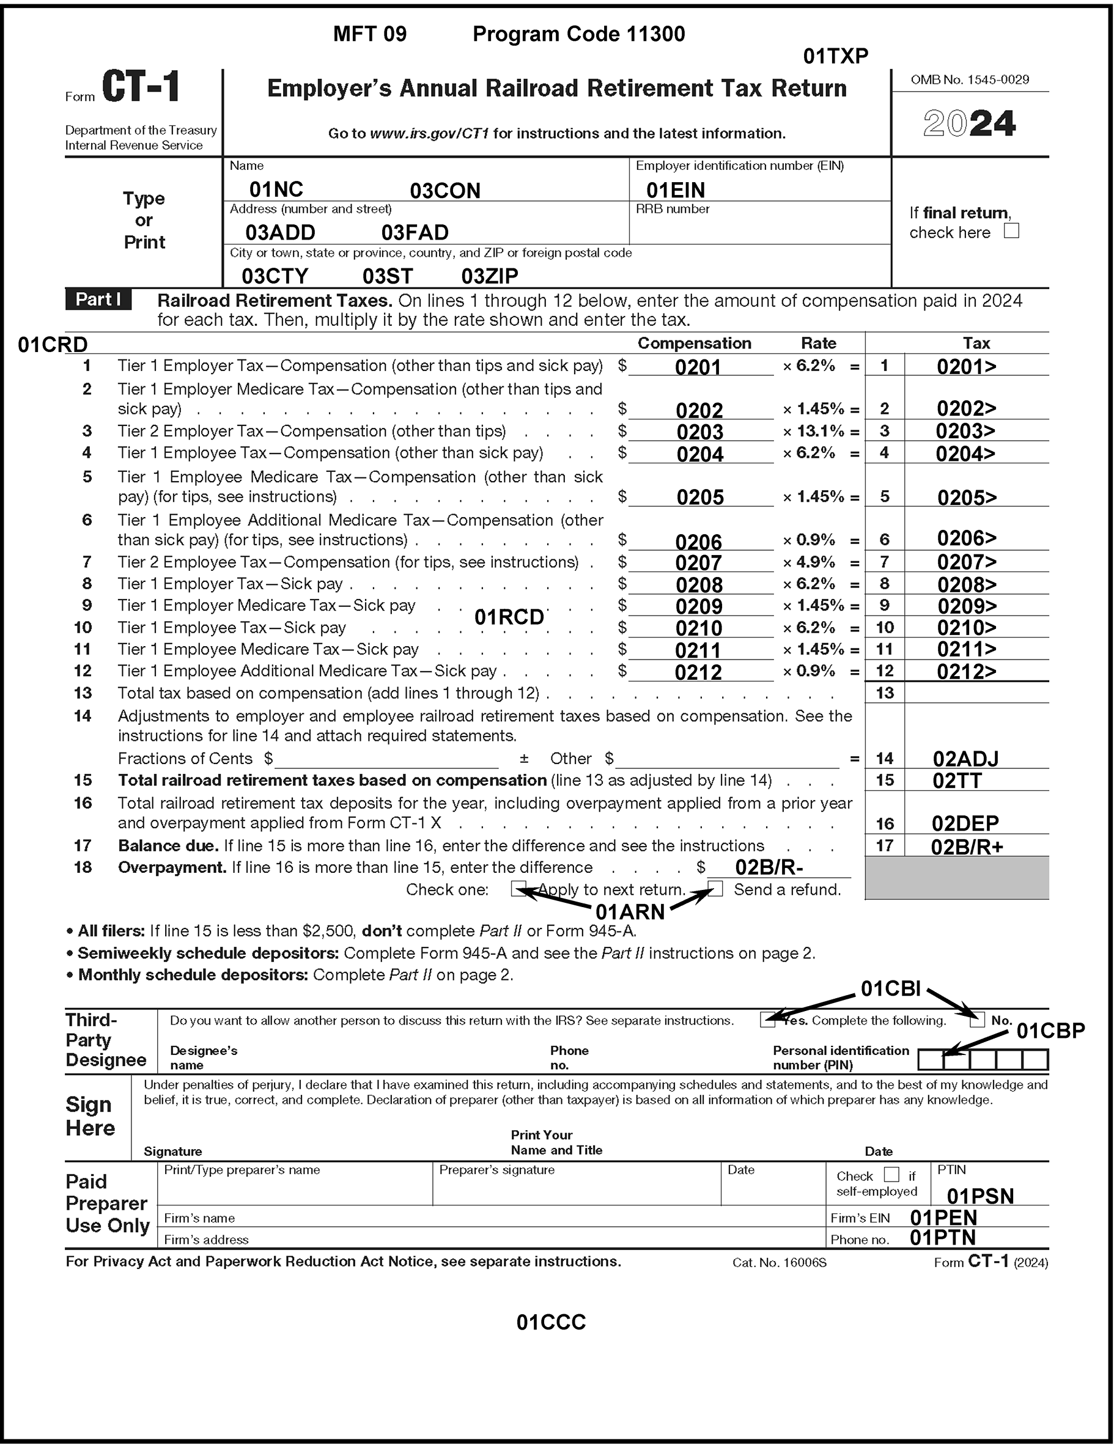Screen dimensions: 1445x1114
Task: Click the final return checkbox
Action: [1011, 231]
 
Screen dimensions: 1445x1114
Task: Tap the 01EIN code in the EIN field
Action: [675, 191]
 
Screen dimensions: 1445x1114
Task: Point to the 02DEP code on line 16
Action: [965, 823]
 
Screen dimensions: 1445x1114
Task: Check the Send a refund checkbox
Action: [715, 889]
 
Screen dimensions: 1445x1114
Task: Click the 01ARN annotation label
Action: [630, 913]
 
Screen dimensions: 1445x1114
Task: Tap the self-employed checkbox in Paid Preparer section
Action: [891, 1174]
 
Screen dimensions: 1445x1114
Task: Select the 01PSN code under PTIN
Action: [980, 1196]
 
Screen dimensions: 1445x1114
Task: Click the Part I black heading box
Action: [98, 300]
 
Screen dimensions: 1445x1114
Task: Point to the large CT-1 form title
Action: [141, 87]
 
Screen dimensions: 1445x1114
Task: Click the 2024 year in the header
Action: [969, 123]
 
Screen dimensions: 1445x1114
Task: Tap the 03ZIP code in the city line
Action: [489, 276]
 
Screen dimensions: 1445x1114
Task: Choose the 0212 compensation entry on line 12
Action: [698, 672]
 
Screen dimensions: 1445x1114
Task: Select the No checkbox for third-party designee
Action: [977, 1020]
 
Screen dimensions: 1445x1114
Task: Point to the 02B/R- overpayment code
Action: [769, 867]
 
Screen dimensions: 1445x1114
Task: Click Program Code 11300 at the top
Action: [578, 34]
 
